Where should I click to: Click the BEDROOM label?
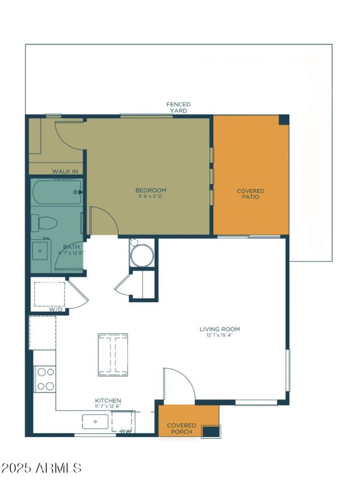[151, 190]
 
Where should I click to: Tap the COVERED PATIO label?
[251, 194]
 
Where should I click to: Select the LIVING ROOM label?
[220, 329]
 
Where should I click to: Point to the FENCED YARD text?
[179, 107]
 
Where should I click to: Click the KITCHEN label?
[108, 401]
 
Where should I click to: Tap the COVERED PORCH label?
[181, 428]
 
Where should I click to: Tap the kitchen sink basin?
[95, 422]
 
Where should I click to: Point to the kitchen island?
[113, 355]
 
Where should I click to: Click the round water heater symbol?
[142, 255]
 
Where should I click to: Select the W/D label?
[56, 309]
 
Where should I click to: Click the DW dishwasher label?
[126, 432]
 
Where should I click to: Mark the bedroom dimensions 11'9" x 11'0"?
[152, 196]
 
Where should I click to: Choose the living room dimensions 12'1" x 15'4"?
[220, 335]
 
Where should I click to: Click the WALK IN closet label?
[65, 171]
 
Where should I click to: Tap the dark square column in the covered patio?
[284, 120]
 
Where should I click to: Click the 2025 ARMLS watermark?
[41, 468]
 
